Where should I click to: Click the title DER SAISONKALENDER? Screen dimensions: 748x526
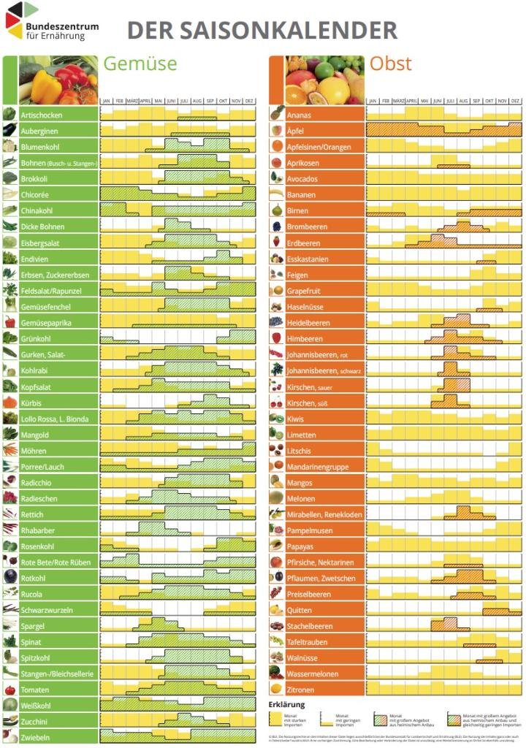point(262,31)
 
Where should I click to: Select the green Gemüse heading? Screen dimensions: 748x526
point(140,64)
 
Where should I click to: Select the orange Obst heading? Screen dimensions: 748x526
point(390,64)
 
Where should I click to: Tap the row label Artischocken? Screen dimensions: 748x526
point(42,115)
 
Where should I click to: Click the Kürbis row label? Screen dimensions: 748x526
point(32,402)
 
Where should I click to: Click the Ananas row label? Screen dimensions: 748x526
point(300,115)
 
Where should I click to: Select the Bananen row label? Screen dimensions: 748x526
point(302,195)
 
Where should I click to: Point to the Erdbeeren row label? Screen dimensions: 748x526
point(304,243)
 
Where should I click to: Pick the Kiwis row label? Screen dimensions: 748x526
point(297,419)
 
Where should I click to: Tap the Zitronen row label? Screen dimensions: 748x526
point(301,690)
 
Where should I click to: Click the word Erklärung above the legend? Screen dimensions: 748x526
point(286,704)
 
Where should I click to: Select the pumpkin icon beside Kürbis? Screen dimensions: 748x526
point(9,402)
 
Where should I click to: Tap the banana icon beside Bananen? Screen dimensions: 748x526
point(277,195)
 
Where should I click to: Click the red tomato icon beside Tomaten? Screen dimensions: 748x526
point(9,690)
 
